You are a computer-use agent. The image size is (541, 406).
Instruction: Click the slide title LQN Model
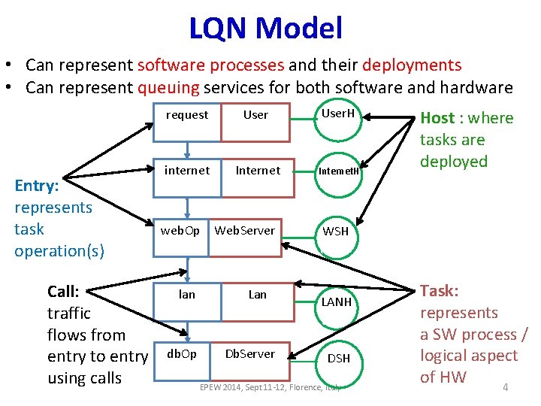pyautogui.click(x=265, y=29)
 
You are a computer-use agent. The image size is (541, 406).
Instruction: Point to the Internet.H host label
pyautogui.click(x=338, y=171)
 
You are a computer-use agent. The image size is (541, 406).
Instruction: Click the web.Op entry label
pyautogui.click(x=180, y=230)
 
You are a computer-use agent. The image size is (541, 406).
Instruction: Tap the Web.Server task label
pyautogui.click(x=245, y=230)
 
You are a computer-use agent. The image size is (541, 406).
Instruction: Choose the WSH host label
pyautogui.click(x=336, y=232)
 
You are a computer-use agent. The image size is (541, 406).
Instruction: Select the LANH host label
pyautogui.click(x=337, y=301)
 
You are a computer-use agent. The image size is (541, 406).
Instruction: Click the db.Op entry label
pyautogui.click(x=180, y=353)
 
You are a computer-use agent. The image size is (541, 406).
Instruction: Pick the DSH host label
pyautogui.click(x=338, y=359)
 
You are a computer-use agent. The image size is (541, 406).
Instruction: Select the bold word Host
pyautogui.click(x=437, y=118)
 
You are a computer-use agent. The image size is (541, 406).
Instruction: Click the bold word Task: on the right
pyautogui.click(x=440, y=291)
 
